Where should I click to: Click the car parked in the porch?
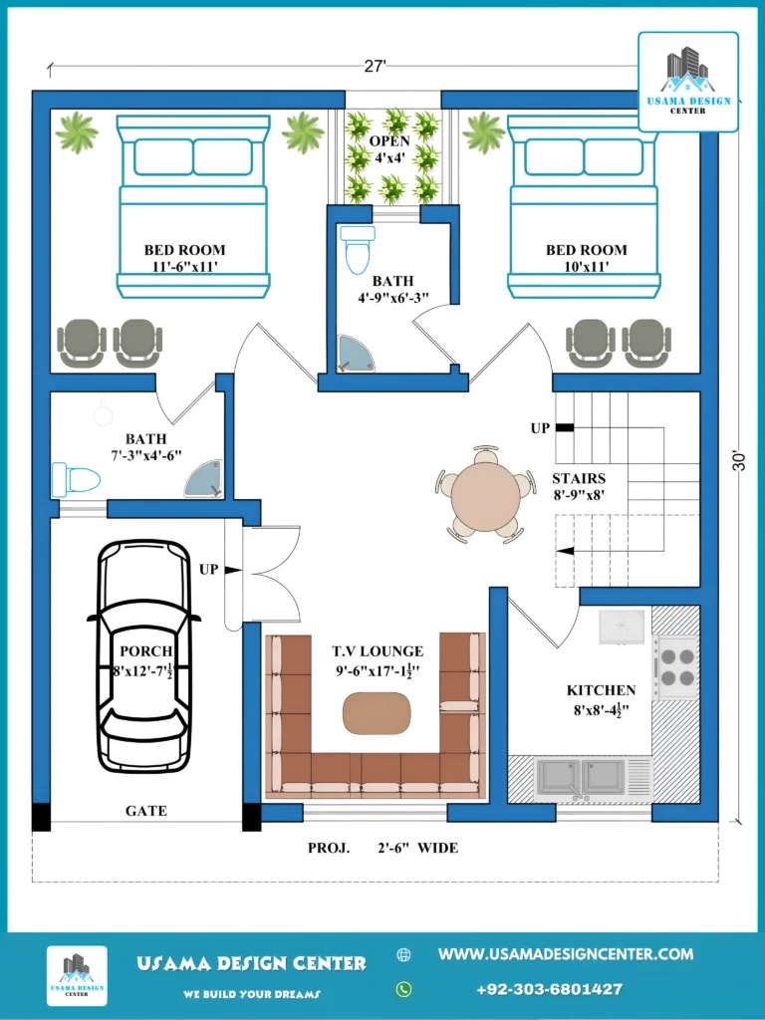pyautogui.click(x=143, y=655)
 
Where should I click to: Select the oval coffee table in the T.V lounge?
pyautogui.click(x=377, y=713)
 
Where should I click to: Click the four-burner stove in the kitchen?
pyautogui.click(x=677, y=668)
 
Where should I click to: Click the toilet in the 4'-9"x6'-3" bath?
pyautogui.click(x=358, y=249)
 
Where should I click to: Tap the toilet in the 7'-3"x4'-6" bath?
pyautogui.click(x=76, y=480)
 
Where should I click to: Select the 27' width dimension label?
pyautogui.click(x=376, y=66)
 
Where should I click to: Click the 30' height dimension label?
pyautogui.click(x=739, y=460)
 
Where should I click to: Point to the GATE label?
pyautogui.click(x=146, y=811)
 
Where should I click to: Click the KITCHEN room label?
pyautogui.click(x=601, y=690)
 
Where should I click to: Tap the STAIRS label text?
pyautogui.click(x=579, y=478)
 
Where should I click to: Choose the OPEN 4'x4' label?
pyautogui.click(x=389, y=149)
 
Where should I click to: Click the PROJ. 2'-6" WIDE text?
pyautogui.click(x=383, y=848)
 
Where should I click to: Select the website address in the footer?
pyautogui.click(x=566, y=954)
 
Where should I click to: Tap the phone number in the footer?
pyautogui.click(x=550, y=989)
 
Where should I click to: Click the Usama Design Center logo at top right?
pyautogui.click(x=688, y=82)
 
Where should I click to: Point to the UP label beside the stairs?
pyautogui.click(x=541, y=428)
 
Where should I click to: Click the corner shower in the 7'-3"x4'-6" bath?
pyautogui.click(x=203, y=479)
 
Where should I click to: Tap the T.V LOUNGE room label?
pyautogui.click(x=378, y=651)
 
